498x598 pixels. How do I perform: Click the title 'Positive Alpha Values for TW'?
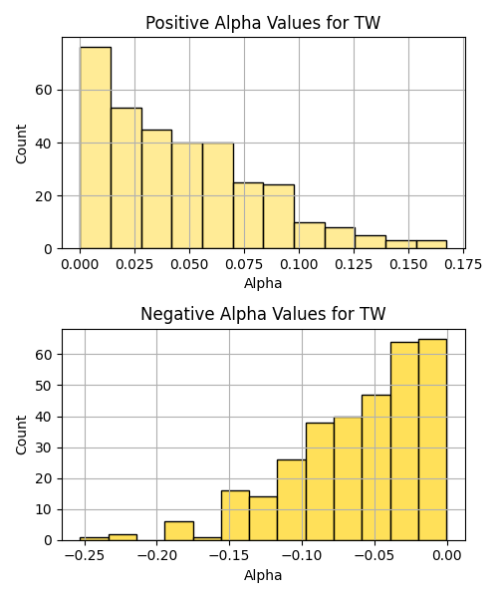point(263,23)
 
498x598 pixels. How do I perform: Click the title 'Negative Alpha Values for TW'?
point(263,314)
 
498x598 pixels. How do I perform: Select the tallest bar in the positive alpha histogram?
point(96,148)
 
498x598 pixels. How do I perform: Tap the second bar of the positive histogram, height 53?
point(126,178)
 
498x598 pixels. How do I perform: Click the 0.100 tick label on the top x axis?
point(299,264)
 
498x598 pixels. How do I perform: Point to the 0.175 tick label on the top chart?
point(463,264)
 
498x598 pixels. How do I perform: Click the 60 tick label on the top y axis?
point(44,91)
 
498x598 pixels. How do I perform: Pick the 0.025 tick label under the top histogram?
point(134,264)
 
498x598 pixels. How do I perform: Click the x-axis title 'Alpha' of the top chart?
point(263,283)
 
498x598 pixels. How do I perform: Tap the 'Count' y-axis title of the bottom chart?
point(21,435)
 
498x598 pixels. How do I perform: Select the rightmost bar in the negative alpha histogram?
point(433,440)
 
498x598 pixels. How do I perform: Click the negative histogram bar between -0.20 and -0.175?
point(179,531)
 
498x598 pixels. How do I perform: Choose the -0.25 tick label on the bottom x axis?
point(85,556)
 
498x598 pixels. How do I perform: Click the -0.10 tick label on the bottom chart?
point(302,556)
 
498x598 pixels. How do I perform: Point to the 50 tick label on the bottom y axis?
point(44,386)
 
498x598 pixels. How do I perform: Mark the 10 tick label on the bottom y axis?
point(44,509)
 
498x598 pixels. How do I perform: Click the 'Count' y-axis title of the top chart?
point(21,144)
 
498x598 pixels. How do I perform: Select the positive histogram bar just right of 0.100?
point(310,235)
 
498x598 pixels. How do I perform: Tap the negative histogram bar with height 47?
point(376,467)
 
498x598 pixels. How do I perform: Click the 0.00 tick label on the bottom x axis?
point(447,556)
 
